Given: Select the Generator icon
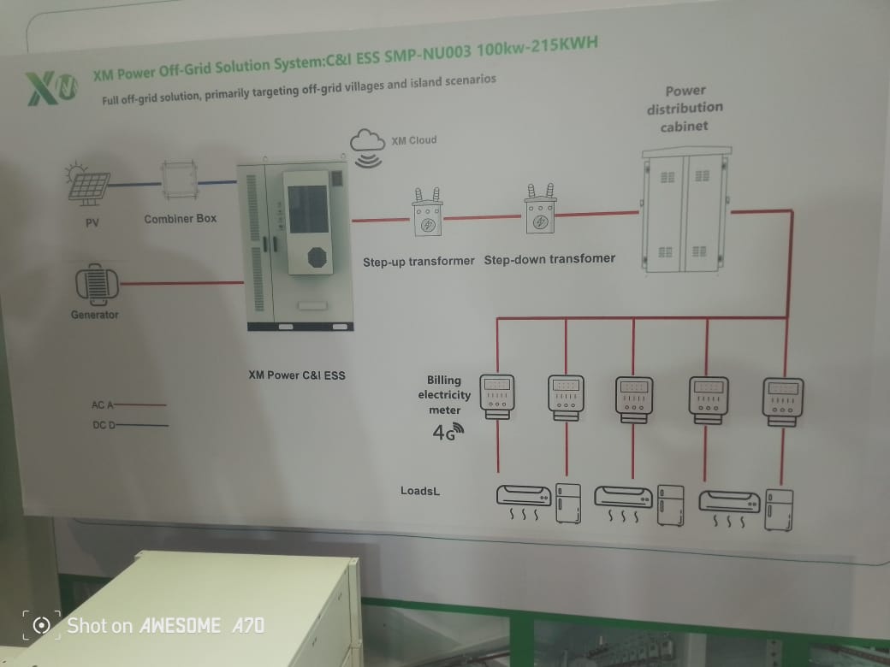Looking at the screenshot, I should click(95, 283).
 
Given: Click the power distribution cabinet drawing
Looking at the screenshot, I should click(684, 210).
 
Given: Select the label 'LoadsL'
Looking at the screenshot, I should click(420, 491).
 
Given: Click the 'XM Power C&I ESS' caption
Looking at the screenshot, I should click(297, 375).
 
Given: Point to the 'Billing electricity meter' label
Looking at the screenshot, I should click(445, 395).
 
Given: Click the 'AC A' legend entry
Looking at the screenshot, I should click(128, 404).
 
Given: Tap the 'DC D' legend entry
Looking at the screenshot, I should click(129, 425).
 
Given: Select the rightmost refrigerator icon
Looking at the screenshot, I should click(778, 510).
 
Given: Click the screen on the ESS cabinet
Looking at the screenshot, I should click(306, 210).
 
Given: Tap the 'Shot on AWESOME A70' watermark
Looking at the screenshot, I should click(145, 625).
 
